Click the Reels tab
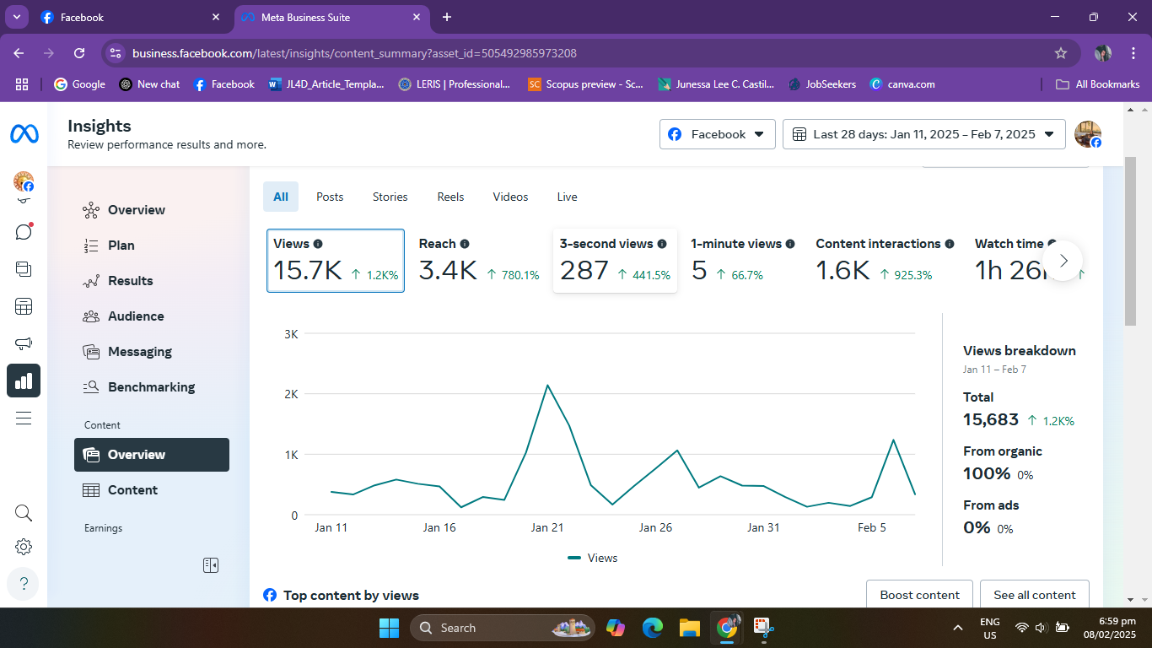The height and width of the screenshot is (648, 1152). click(x=450, y=197)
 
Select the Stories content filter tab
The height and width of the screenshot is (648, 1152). click(x=390, y=197)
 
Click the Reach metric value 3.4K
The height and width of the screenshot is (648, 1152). click(x=448, y=271)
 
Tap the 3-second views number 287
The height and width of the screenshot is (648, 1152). click(x=584, y=271)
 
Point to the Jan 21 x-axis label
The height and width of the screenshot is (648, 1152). click(x=547, y=527)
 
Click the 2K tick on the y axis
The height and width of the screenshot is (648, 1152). click(x=291, y=394)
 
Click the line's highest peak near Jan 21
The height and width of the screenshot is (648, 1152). click(x=547, y=386)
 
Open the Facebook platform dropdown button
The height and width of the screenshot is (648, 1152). click(x=717, y=134)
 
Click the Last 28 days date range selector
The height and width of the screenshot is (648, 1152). click(x=923, y=134)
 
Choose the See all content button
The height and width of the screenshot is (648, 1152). click(x=1034, y=595)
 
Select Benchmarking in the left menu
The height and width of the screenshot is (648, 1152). click(x=151, y=387)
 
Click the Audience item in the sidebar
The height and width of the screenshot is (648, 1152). click(x=136, y=316)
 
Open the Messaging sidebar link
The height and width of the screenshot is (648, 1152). click(x=139, y=352)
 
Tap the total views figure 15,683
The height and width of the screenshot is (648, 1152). click(x=991, y=419)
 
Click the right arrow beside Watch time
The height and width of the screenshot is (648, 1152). click(x=1063, y=261)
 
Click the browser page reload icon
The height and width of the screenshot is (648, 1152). click(x=79, y=53)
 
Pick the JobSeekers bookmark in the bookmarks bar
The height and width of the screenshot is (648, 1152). click(x=830, y=84)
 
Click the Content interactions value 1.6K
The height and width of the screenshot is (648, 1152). click(x=842, y=271)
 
